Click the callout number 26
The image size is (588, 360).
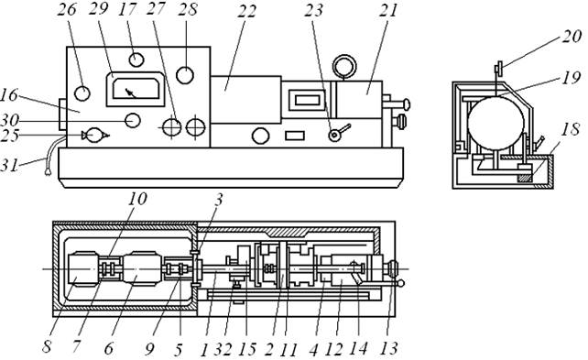tap(67, 9)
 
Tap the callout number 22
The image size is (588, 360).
tap(246, 10)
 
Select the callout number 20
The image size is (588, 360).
tap(572, 36)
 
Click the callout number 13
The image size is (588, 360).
tap(388, 349)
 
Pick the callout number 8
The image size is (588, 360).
tap(47, 347)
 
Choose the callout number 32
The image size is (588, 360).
tap(223, 350)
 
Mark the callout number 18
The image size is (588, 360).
tap(571, 129)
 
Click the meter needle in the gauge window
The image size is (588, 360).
tap(131, 93)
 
